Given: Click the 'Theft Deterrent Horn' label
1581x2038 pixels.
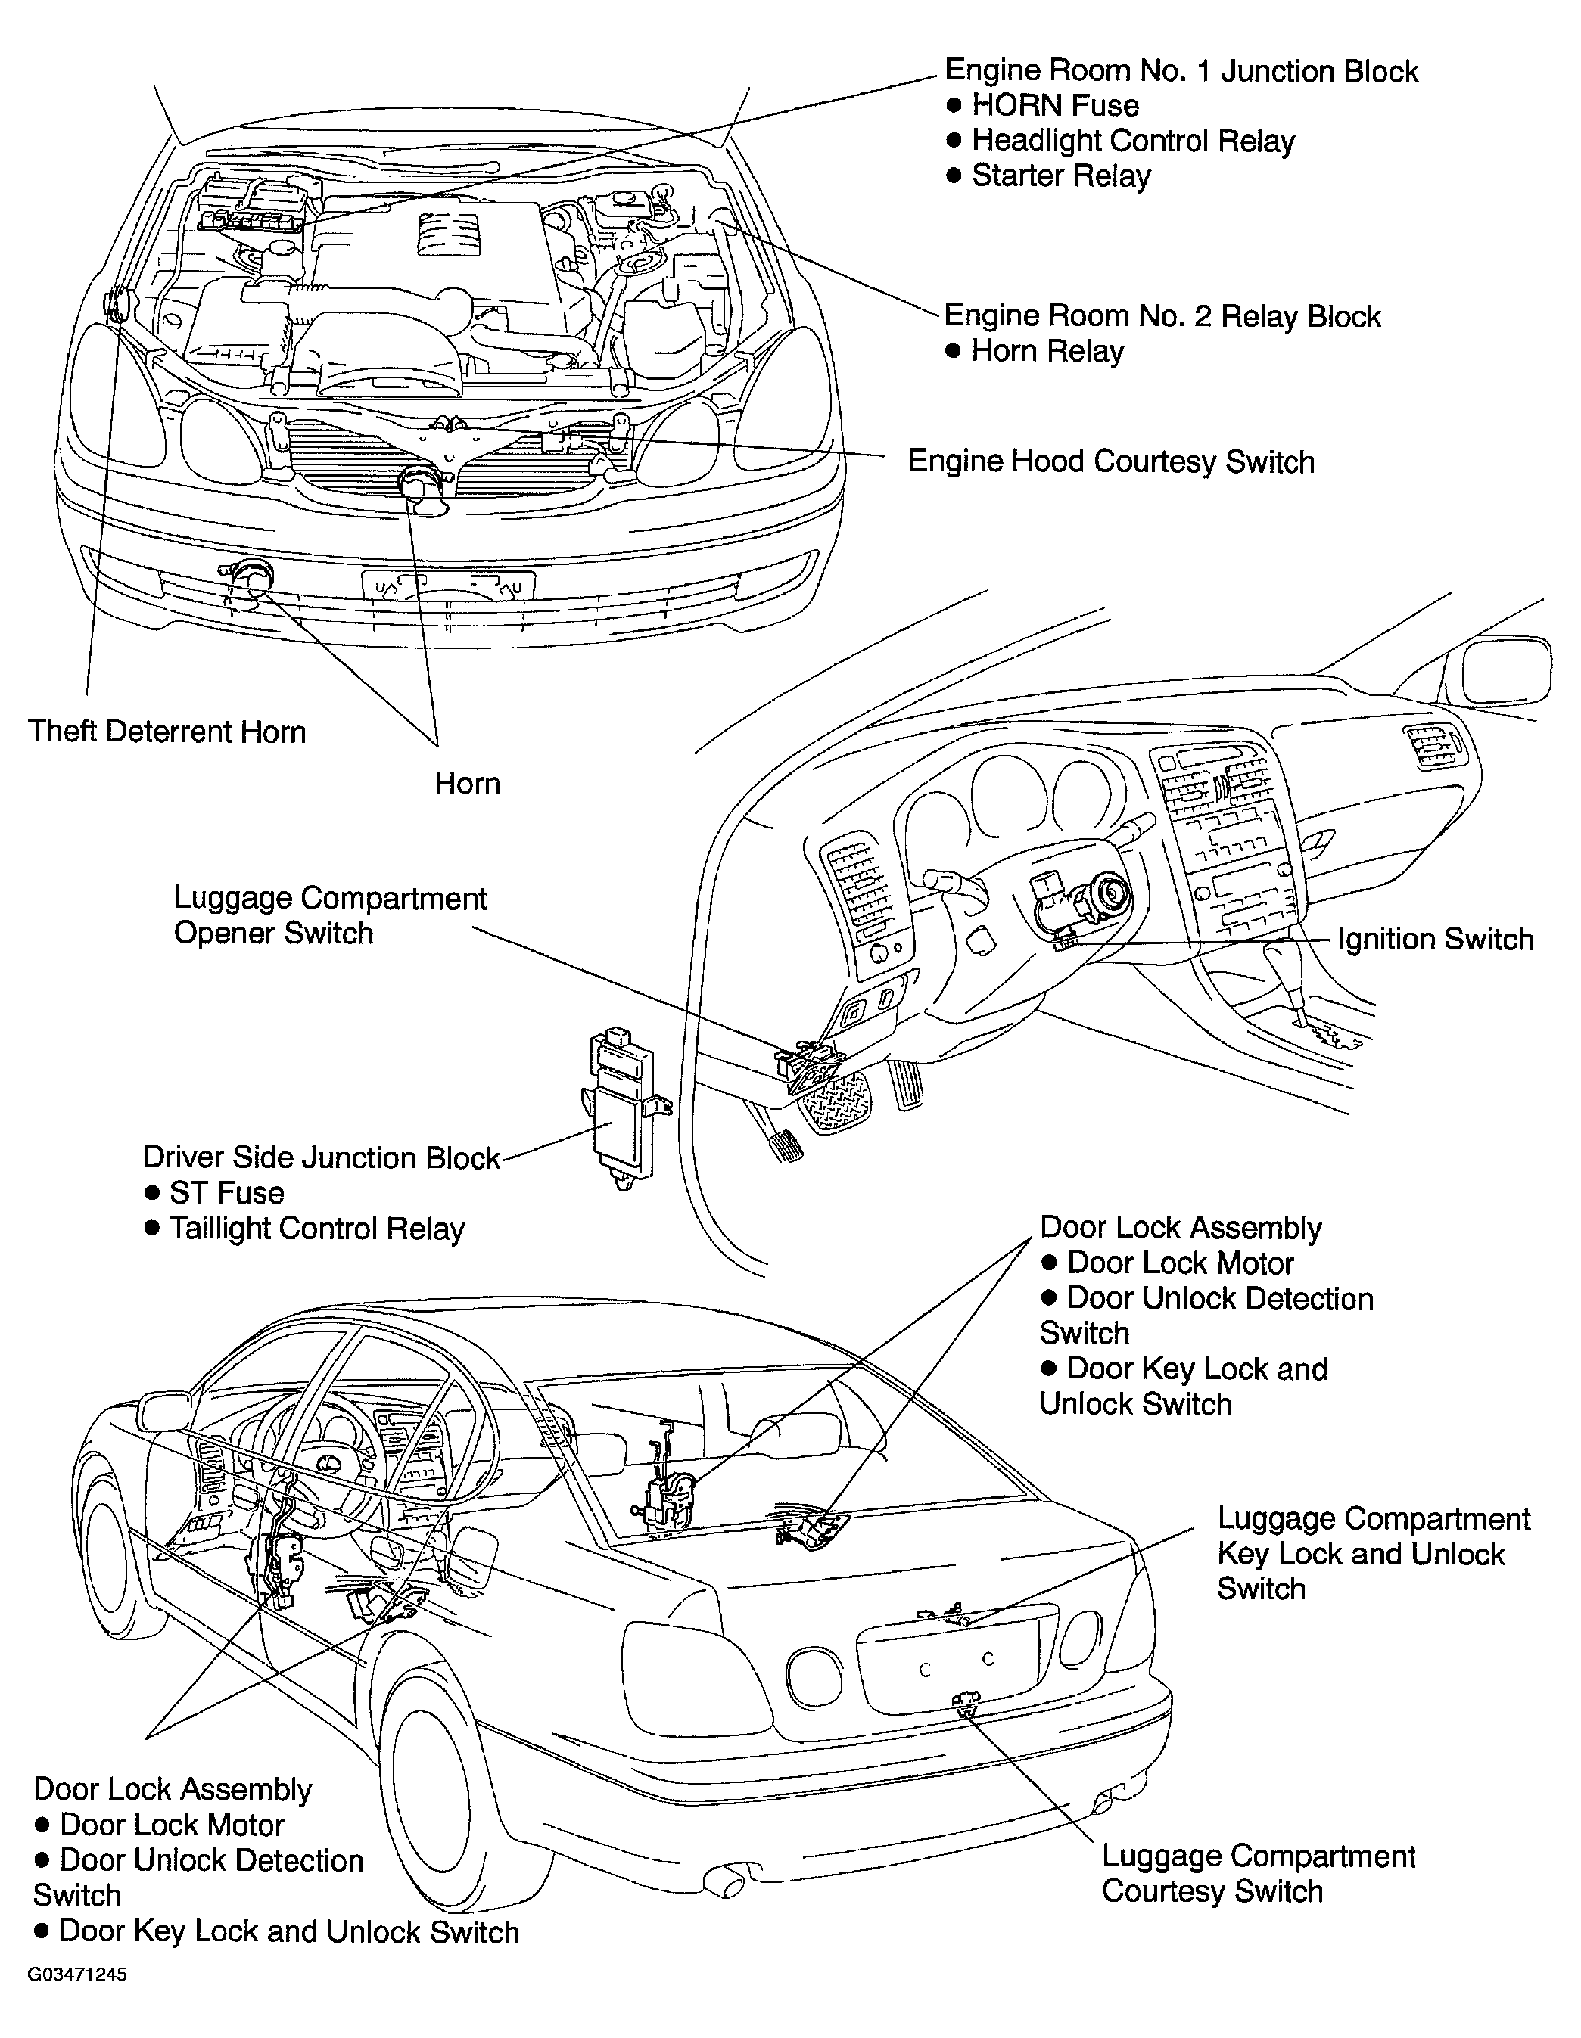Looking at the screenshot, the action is [x=167, y=732].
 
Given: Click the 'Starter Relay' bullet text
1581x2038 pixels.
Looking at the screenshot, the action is [x=1061, y=176].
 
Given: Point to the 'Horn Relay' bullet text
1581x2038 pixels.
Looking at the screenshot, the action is [x=1047, y=351].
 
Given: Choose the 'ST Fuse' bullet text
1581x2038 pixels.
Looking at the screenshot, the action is [x=226, y=1192].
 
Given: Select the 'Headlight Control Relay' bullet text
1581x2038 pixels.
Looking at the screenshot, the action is [x=1133, y=140].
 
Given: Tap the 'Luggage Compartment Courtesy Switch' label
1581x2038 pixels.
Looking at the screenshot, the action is [x=1258, y=1873].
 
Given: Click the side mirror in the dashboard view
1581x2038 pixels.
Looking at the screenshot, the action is [x=1505, y=668].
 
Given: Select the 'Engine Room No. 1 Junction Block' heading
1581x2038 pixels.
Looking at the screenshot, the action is [x=1181, y=71].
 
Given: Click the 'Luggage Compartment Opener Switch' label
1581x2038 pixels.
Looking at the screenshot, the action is [x=329, y=915].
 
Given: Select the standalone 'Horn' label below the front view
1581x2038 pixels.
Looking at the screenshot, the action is [x=468, y=783].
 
